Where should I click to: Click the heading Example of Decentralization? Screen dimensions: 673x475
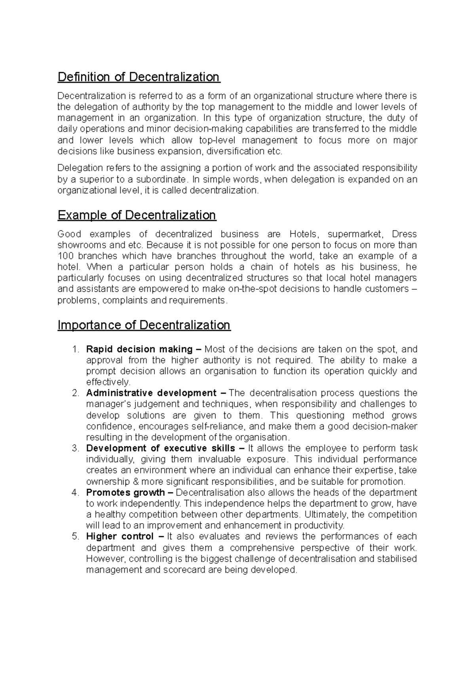137,215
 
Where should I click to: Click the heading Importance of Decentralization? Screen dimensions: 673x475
144,325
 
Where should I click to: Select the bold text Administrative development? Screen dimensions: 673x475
151,393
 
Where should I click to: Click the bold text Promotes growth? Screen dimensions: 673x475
125,492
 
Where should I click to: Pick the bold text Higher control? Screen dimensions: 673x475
120,537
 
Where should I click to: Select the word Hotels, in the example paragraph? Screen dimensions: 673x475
303,234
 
